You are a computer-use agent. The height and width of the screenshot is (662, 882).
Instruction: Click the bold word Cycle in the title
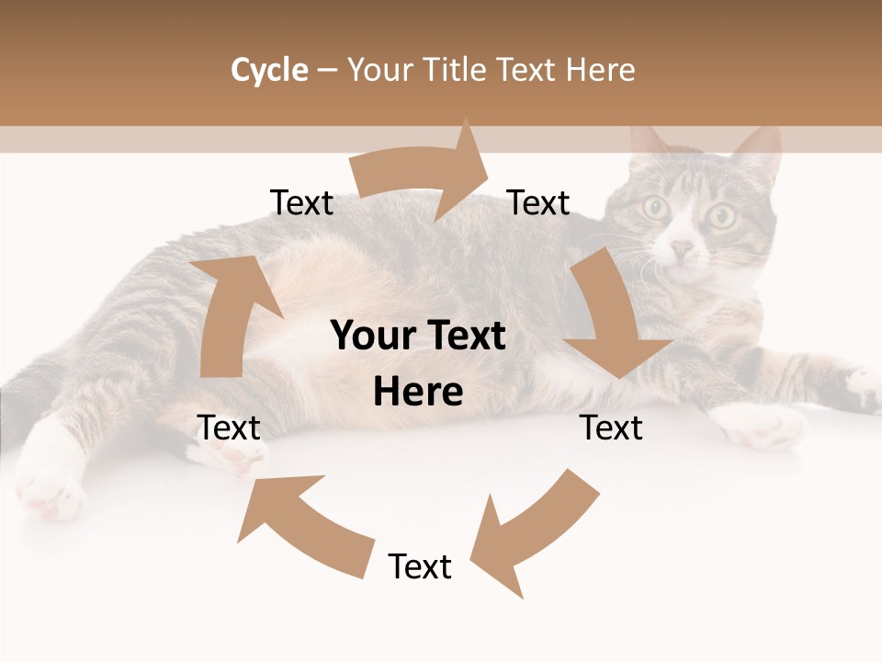[x=269, y=70]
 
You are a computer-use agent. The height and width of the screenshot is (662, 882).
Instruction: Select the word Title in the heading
[x=455, y=70]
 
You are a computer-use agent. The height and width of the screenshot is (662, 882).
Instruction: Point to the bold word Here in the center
[x=418, y=393]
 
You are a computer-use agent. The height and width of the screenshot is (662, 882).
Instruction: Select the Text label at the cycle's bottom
[x=420, y=567]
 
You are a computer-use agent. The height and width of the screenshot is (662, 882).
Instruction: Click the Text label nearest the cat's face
[x=539, y=203]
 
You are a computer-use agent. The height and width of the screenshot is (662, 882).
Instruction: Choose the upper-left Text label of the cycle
[x=302, y=203]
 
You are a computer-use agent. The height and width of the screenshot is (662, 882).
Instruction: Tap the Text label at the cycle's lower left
[x=229, y=428]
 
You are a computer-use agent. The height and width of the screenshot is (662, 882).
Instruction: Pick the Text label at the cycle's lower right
[x=611, y=428]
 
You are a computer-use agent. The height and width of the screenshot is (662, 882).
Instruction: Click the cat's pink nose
[x=682, y=248]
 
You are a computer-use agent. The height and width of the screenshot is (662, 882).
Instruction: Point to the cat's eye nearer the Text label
[x=656, y=208]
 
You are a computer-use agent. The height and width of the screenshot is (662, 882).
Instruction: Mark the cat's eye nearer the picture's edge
[x=722, y=217]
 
